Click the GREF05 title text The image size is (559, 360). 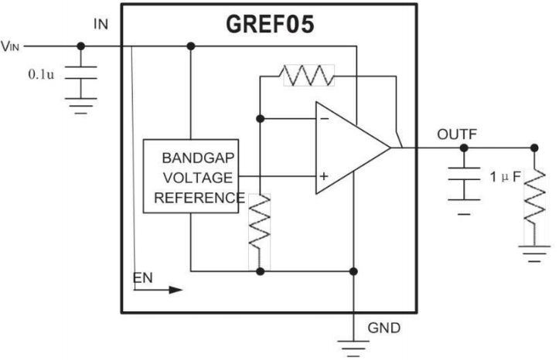coord(270,25)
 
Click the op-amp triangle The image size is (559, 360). coord(348,148)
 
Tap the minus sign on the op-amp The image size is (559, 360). coord(323,119)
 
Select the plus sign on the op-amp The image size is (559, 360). coord(323,177)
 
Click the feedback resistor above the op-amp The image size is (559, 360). coord(308,75)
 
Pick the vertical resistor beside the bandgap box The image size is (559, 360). coord(260,220)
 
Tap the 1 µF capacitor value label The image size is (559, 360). coord(506,178)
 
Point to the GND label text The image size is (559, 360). coord(384,328)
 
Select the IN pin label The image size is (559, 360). coord(101,25)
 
